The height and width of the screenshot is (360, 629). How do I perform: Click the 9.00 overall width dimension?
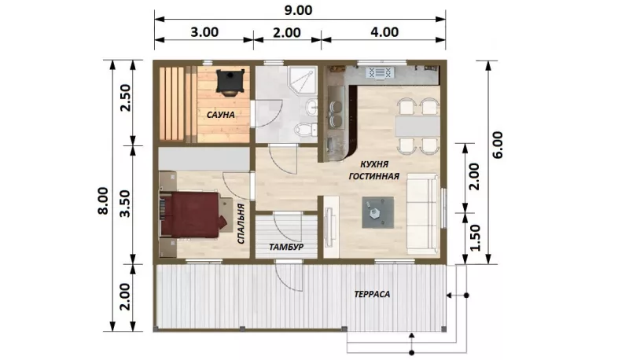[298, 10]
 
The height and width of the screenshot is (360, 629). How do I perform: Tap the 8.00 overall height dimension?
[103, 201]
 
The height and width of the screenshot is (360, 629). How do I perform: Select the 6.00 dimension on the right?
[498, 145]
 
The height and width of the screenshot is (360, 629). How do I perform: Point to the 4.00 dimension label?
[384, 31]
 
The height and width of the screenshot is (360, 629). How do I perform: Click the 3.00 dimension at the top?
[204, 31]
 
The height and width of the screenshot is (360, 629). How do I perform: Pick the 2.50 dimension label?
[126, 97]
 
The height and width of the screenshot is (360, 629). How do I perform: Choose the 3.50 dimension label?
[126, 204]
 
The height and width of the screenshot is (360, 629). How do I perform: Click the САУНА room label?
[221, 115]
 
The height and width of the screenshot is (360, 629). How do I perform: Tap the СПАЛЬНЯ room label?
[241, 224]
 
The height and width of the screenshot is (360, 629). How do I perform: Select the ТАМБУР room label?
[286, 247]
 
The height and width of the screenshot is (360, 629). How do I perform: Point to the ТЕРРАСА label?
[372, 294]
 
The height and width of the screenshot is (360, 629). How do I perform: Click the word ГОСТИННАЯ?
[374, 176]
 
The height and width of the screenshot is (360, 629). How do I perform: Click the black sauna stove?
[230, 82]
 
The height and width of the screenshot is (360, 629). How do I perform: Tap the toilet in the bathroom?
[305, 130]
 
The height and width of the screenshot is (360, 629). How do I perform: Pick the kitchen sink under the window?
[380, 73]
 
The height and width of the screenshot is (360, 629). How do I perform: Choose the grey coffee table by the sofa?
[378, 212]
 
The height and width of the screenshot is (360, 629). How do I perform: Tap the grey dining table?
[417, 127]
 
